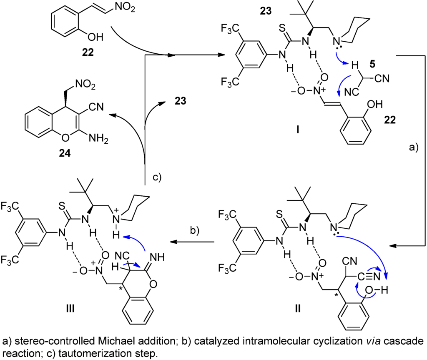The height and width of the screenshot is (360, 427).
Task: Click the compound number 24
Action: pyautogui.click(x=65, y=153)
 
